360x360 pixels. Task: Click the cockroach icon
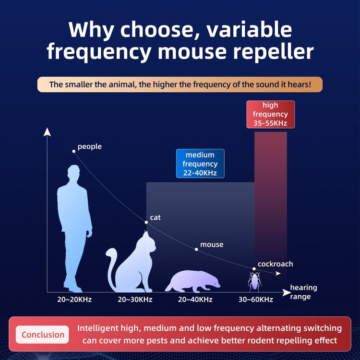coord(254,281)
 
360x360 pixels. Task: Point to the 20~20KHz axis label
coord(74,300)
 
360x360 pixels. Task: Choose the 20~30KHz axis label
coord(135,300)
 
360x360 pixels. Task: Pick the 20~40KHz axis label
coord(195,300)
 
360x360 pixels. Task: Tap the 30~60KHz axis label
coord(256,300)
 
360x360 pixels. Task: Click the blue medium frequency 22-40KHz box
coord(200,164)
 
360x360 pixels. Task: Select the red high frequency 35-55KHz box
coord(270,115)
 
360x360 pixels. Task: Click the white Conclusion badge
coord(43,335)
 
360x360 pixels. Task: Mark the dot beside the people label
coord(74,151)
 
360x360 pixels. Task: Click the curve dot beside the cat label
coord(146,222)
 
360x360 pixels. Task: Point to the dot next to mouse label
coord(196,249)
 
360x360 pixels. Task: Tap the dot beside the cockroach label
coord(254,269)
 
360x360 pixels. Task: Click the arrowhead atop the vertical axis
coord(47,132)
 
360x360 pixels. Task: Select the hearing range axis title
coord(303,292)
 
